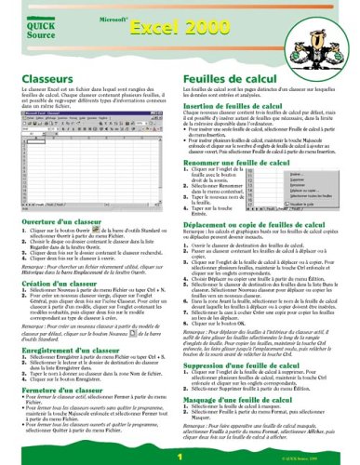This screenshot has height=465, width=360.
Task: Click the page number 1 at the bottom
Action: pyautogui.click(x=180, y=458)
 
